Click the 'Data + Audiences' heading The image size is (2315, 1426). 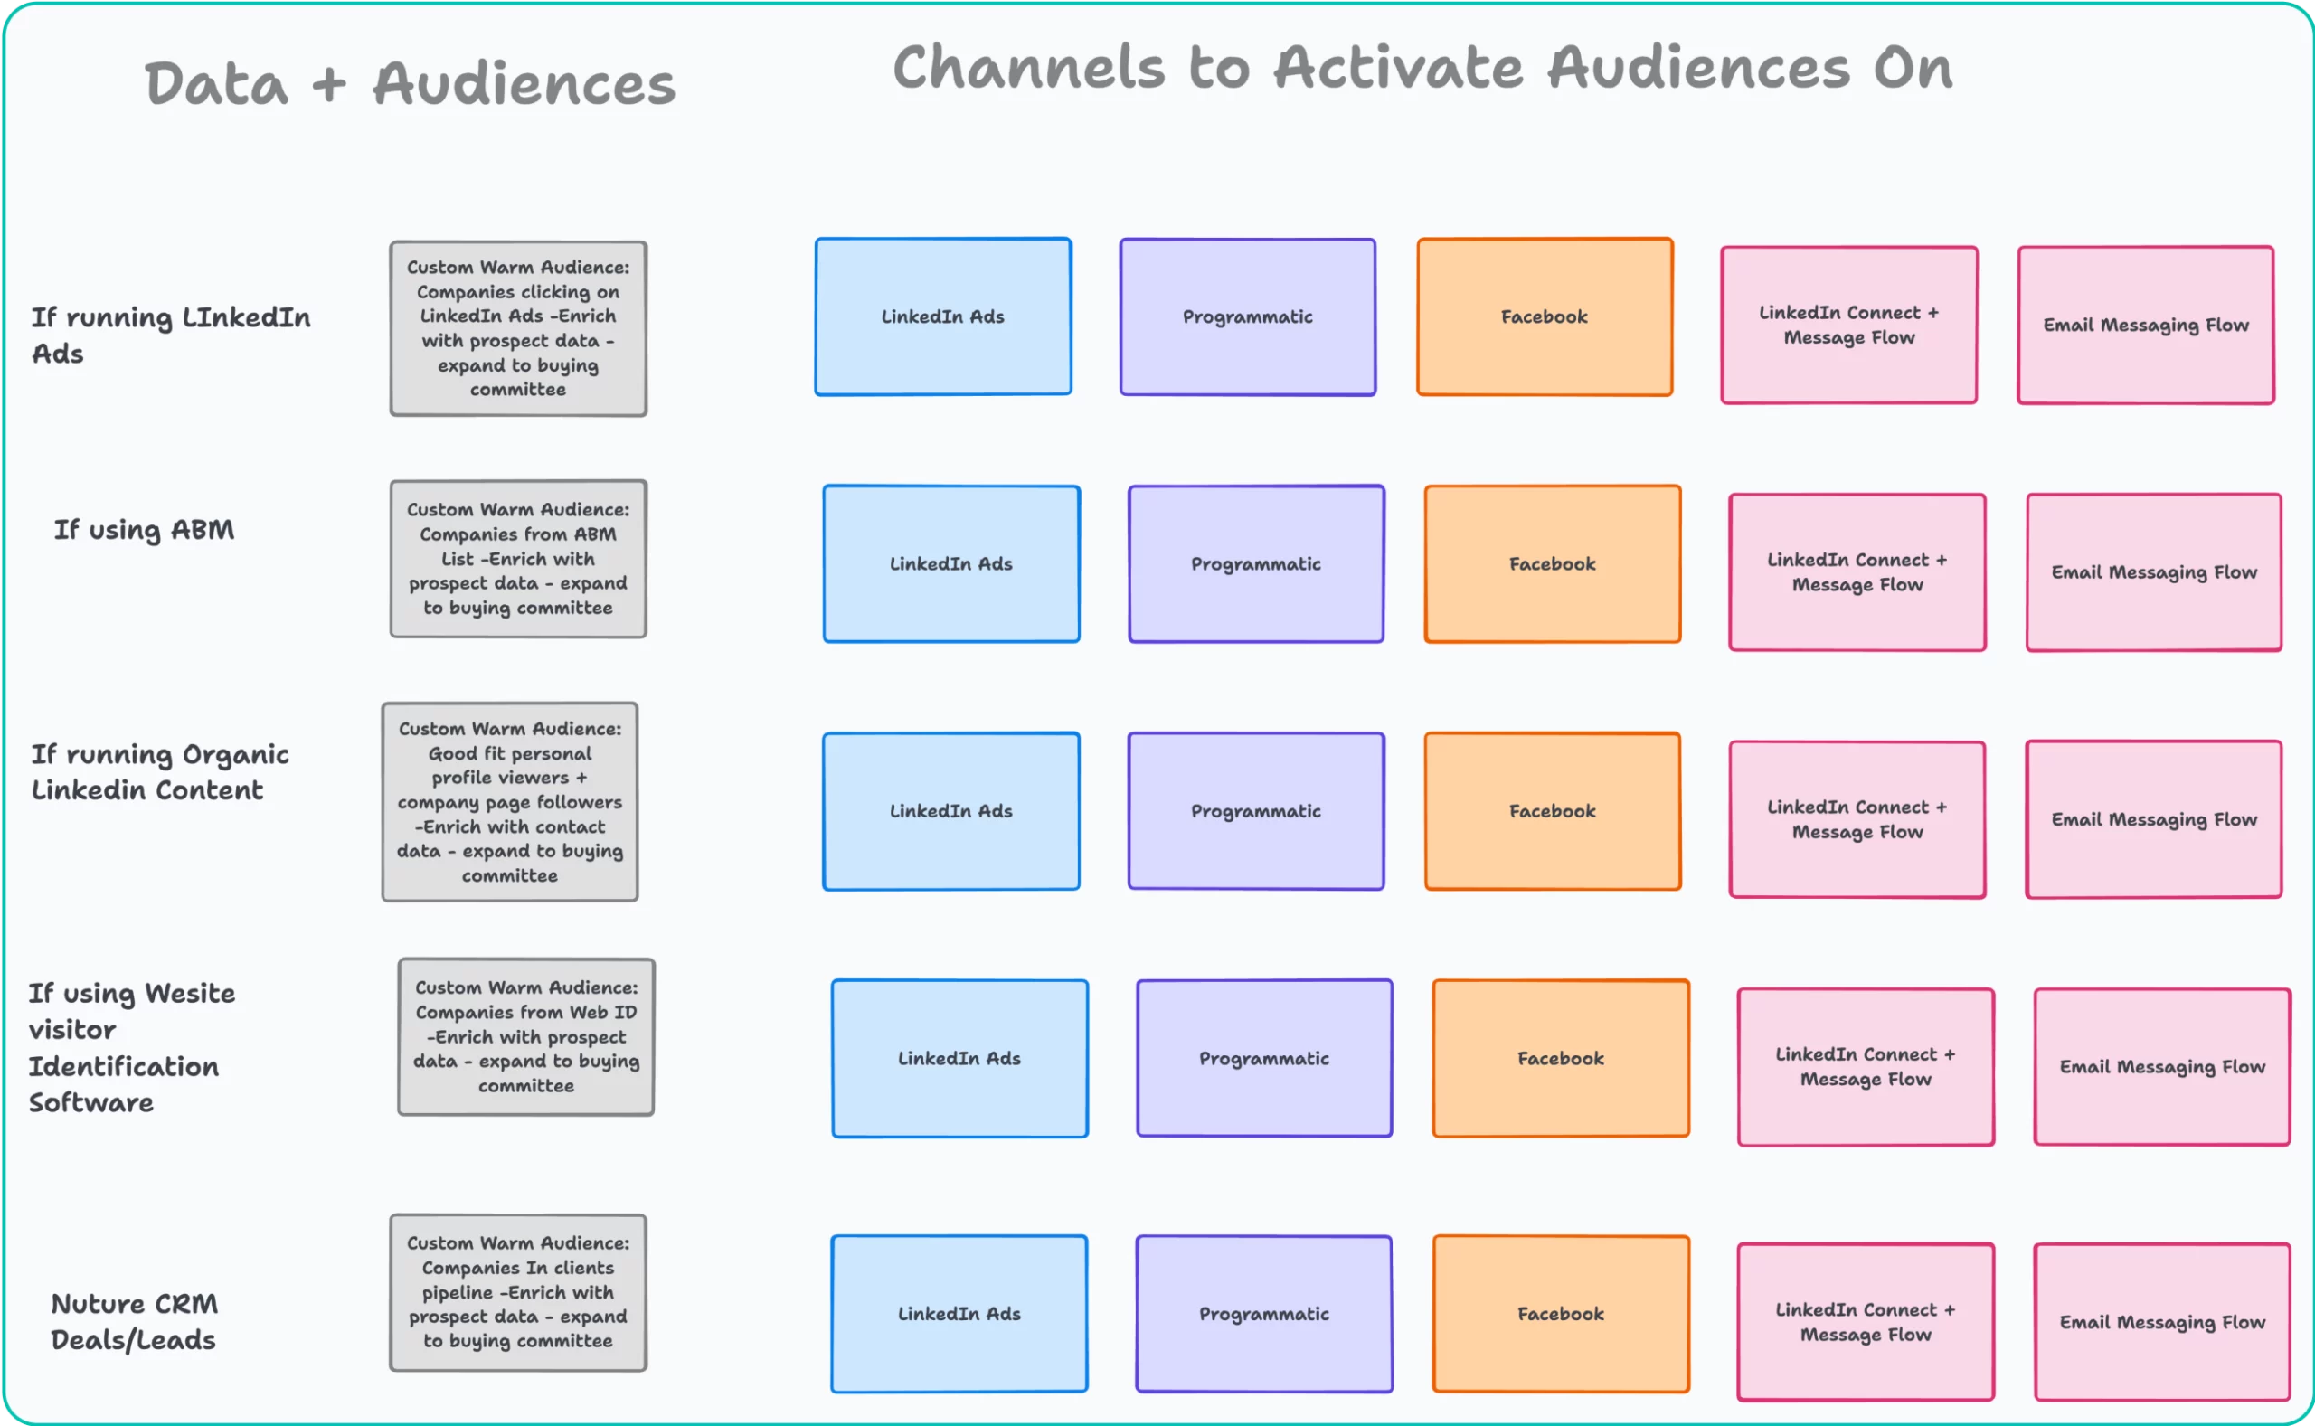tap(410, 83)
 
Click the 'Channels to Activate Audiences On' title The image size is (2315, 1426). tap(1422, 68)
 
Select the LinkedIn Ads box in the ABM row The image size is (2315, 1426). tap(950, 564)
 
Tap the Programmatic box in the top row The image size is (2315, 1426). tap(1247, 316)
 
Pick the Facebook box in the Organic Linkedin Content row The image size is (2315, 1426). tap(1552, 811)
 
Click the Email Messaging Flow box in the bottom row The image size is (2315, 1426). tap(2161, 1321)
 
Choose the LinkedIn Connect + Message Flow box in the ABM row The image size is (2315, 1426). tap(1857, 572)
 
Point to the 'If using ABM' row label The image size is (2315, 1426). tap(144, 530)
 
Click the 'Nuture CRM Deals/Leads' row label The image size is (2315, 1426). tap(134, 1321)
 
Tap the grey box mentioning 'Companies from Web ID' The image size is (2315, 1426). tap(525, 1036)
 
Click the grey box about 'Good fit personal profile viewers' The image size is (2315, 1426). tap(509, 802)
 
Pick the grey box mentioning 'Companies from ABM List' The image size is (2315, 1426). tap(517, 558)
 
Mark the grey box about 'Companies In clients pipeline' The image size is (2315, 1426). tap(517, 1292)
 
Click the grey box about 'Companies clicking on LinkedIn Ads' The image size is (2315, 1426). tap(517, 328)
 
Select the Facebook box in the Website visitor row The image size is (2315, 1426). tap(1560, 1058)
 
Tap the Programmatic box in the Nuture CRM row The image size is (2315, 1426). tap(1263, 1314)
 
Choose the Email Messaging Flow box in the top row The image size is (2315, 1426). tap(2145, 326)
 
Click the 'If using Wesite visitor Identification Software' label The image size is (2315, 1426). tap(132, 1047)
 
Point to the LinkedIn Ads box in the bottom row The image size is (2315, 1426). tap(959, 1314)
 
